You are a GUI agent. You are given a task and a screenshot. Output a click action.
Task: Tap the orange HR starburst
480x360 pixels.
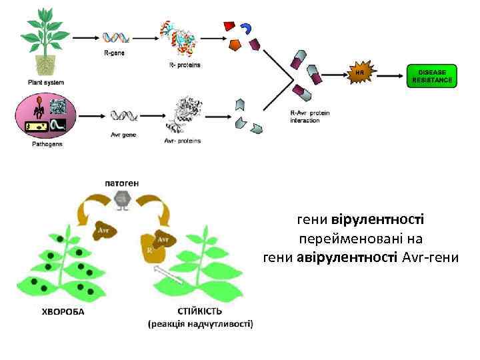[360, 71]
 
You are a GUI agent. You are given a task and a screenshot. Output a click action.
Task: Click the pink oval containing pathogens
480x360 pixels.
[46, 115]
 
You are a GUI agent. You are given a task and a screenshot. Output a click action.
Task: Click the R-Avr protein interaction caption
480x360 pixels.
[311, 117]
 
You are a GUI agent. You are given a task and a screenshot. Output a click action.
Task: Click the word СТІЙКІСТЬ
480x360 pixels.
[200, 311]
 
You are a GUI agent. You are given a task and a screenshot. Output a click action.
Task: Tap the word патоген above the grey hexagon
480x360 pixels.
[122, 182]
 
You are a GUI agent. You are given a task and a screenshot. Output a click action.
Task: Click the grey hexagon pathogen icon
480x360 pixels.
[122, 198]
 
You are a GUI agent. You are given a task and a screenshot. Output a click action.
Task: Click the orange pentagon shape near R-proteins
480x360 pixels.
[235, 45]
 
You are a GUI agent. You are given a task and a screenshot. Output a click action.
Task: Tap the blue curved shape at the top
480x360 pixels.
[247, 29]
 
